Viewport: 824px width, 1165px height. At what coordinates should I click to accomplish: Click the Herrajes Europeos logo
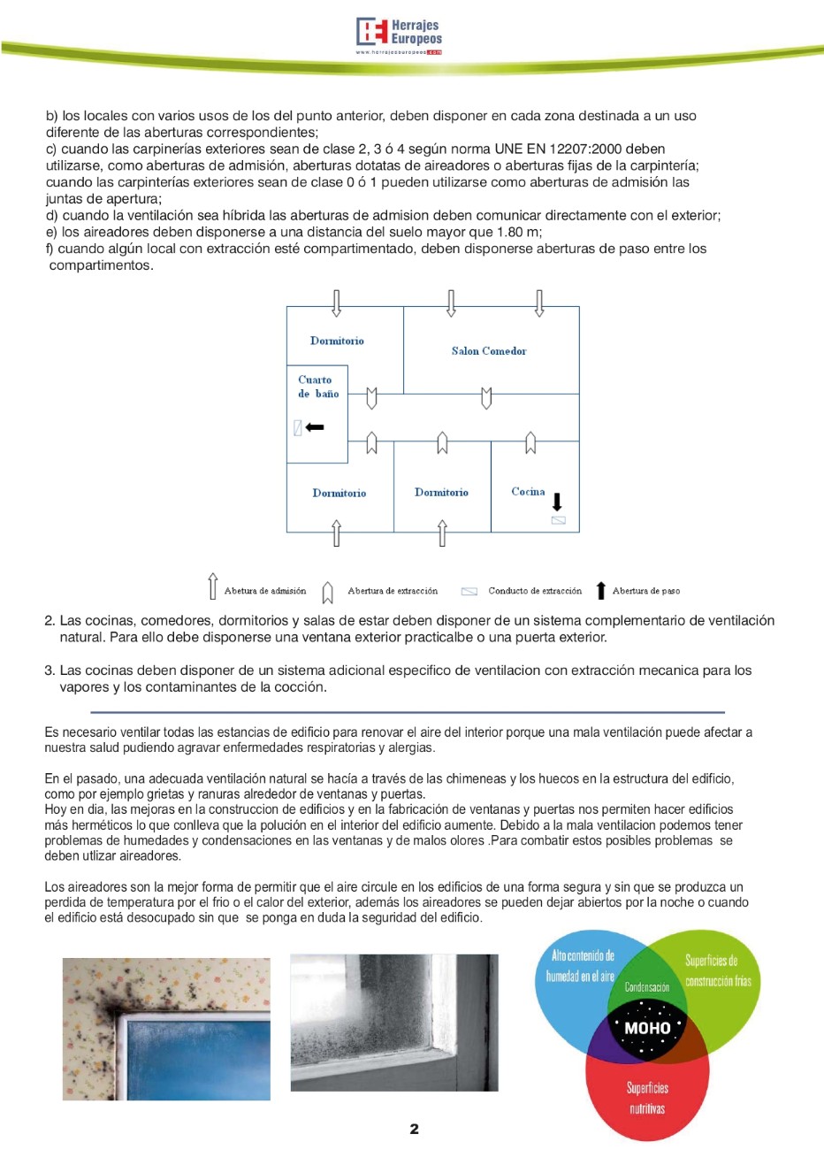pyautogui.click(x=399, y=34)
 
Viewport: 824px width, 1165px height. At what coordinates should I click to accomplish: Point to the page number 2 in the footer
pyautogui.click(x=414, y=1129)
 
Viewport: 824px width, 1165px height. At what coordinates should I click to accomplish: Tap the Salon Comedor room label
pyautogui.click(x=488, y=351)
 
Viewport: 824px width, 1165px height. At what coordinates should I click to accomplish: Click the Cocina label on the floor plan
pyautogui.click(x=528, y=492)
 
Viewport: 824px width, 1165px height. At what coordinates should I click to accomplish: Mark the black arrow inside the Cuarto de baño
pyautogui.click(x=315, y=427)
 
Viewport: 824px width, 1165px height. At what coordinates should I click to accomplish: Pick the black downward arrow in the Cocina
pyautogui.click(x=557, y=502)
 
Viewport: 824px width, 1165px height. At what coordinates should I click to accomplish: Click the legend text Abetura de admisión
pyautogui.click(x=265, y=591)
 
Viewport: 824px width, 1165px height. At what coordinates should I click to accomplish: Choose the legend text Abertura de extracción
pyautogui.click(x=393, y=591)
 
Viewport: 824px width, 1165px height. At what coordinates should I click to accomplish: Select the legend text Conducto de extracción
pyautogui.click(x=535, y=591)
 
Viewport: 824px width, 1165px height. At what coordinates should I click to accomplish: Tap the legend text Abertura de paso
pyautogui.click(x=646, y=591)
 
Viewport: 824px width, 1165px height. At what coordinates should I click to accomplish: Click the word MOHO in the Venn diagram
pyautogui.click(x=647, y=1028)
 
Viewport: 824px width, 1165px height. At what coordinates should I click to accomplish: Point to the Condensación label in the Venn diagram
pyautogui.click(x=647, y=987)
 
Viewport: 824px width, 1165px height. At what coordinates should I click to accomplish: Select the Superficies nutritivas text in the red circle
pyautogui.click(x=647, y=1099)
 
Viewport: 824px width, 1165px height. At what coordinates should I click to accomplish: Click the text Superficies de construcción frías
pyautogui.click(x=717, y=970)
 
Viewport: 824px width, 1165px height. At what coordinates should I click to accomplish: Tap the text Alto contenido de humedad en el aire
pyautogui.click(x=580, y=966)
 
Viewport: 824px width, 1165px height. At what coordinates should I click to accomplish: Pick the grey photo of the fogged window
pyautogui.click(x=394, y=1023)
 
